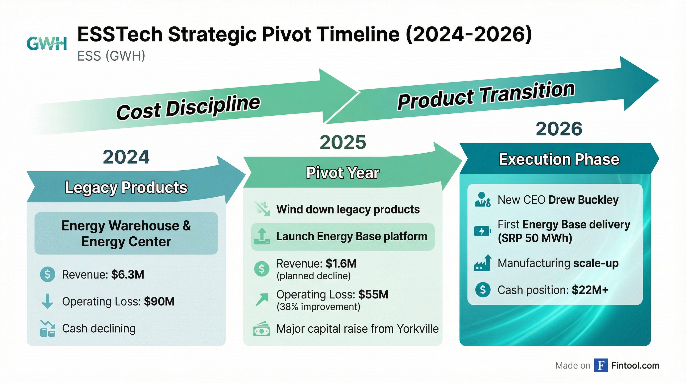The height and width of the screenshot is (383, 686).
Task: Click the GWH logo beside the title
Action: [x=47, y=44]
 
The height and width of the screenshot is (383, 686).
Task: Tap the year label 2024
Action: [x=126, y=157]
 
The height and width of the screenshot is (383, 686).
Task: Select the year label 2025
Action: [x=343, y=142]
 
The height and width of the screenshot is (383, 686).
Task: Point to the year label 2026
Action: [x=559, y=129]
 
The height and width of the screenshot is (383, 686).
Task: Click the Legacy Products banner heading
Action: [x=126, y=187]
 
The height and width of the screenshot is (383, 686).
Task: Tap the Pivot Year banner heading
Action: [x=343, y=173]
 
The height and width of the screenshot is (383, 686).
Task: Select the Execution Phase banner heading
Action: [x=559, y=159]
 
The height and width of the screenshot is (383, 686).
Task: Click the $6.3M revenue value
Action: [x=128, y=275]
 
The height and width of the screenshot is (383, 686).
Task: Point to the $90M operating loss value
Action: [x=159, y=301]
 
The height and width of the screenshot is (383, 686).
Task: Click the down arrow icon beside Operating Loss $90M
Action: [x=47, y=301]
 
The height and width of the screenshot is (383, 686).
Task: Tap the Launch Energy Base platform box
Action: [x=343, y=237]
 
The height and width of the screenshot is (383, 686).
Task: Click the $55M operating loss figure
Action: [x=373, y=294]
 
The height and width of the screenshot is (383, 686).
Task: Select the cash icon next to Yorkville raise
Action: [x=261, y=329]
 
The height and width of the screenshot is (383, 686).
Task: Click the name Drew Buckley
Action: [x=583, y=200]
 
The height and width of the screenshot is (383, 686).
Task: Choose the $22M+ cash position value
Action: [x=590, y=290]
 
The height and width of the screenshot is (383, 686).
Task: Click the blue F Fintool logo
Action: [x=601, y=366]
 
